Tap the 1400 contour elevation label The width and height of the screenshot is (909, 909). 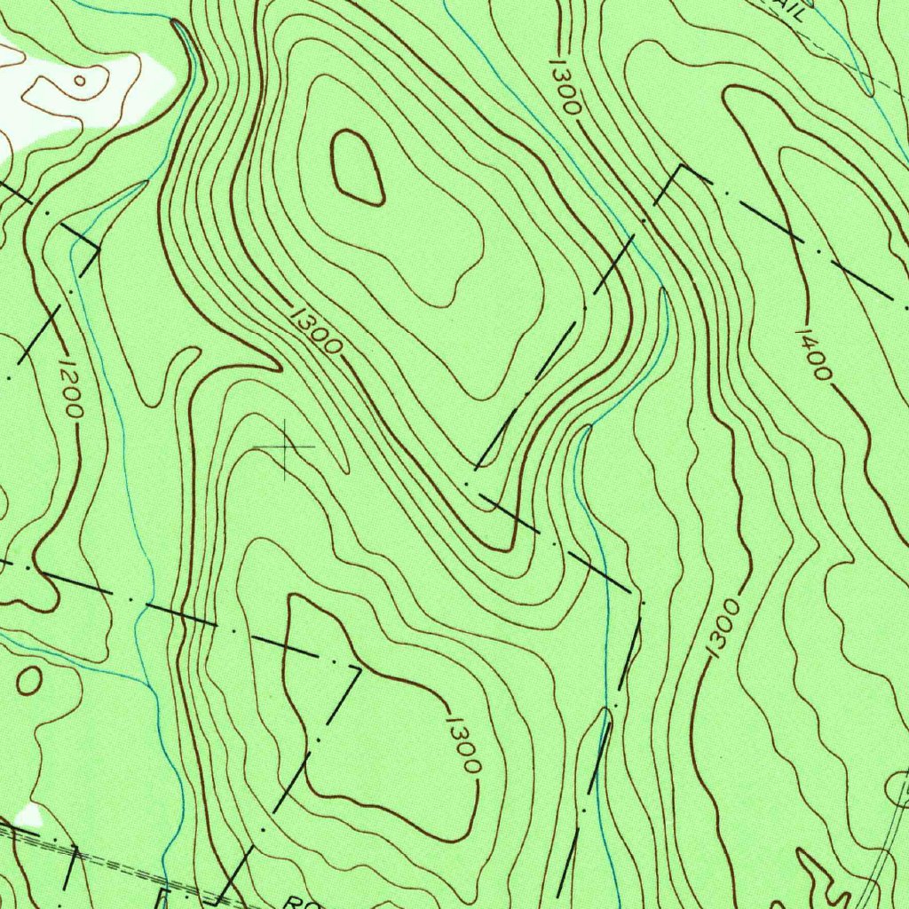click(813, 353)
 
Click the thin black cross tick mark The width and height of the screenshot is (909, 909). click(285, 447)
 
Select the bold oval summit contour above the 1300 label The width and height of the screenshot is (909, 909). click(359, 167)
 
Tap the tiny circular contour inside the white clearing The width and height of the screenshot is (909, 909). click(79, 81)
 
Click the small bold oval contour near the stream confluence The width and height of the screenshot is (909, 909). click(29, 681)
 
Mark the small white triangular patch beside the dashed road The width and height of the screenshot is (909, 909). click(30, 815)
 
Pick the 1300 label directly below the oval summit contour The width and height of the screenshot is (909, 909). click(316, 328)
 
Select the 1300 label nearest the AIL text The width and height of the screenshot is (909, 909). click(565, 87)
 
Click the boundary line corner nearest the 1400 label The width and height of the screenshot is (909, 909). click(682, 166)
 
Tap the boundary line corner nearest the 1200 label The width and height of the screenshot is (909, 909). click(97, 251)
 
